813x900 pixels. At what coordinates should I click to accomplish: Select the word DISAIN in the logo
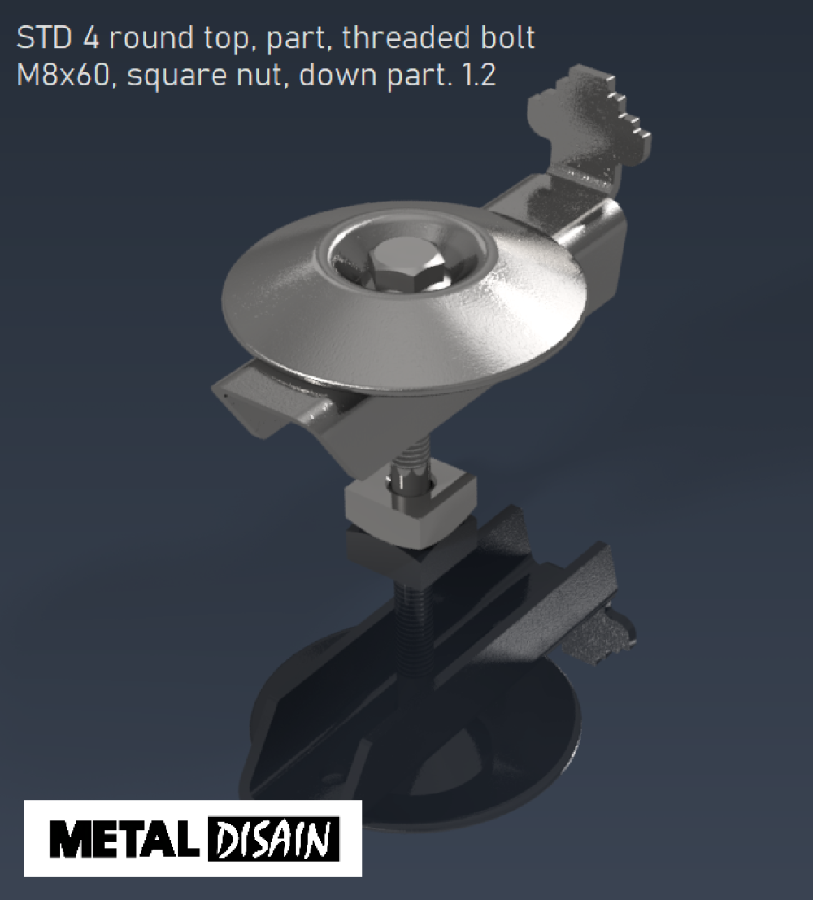coord(273,838)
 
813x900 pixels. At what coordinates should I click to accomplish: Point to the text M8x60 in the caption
coord(63,75)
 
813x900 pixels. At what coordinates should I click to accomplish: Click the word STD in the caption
coord(44,38)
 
